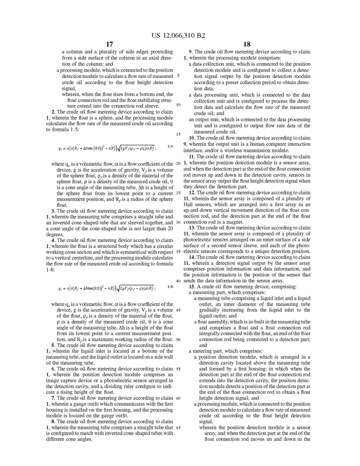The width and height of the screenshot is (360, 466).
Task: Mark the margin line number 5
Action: [178, 76]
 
